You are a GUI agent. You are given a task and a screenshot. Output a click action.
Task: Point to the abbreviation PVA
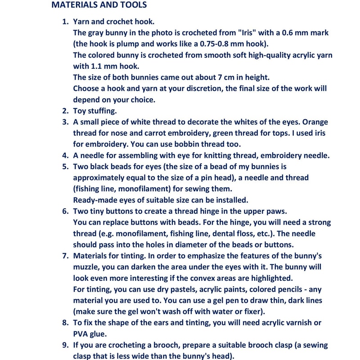[82, 334]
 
